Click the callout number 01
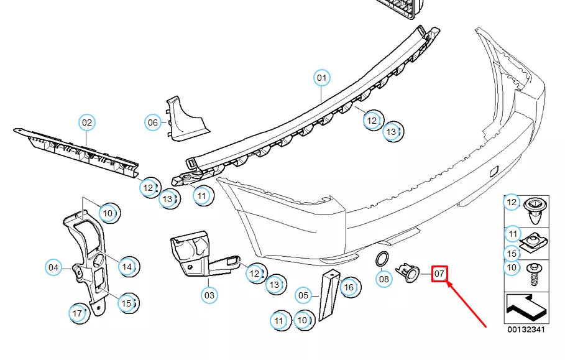(x=321, y=78)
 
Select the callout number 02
(x=87, y=122)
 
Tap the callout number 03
(x=209, y=295)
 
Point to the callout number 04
(x=53, y=267)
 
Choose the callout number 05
(x=303, y=296)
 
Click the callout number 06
(x=153, y=122)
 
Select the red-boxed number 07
(x=439, y=274)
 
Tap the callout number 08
(x=384, y=279)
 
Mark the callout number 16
(x=349, y=287)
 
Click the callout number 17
(x=77, y=313)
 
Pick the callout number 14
(x=127, y=267)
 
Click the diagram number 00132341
(x=526, y=330)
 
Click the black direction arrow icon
(x=526, y=308)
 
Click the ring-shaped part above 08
(x=382, y=260)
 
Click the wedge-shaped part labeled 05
(x=329, y=295)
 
